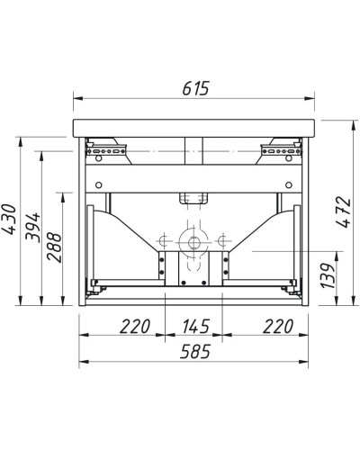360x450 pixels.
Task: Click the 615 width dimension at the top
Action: click(x=195, y=87)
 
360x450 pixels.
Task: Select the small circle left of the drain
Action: click(x=164, y=241)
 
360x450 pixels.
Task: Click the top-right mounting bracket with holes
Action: click(x=278, y=149)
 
